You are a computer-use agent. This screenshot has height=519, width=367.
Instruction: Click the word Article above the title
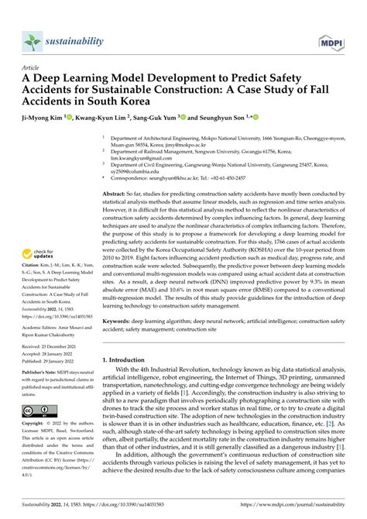pos(36,68)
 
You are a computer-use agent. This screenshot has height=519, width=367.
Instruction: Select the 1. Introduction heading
pos(128,361)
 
